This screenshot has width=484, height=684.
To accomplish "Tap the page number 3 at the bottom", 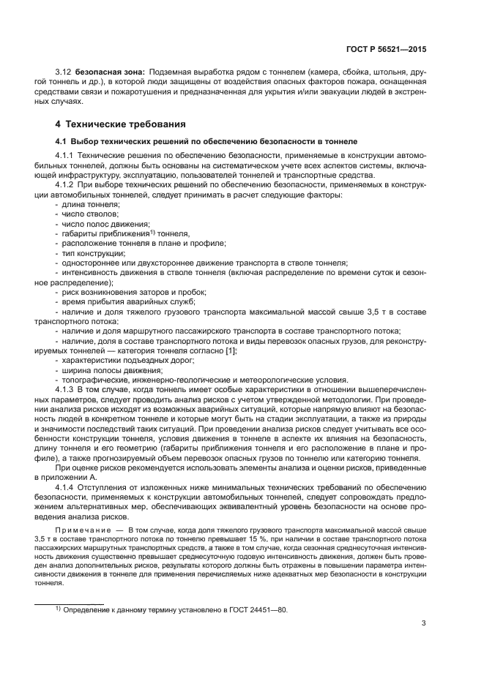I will click(424, 623).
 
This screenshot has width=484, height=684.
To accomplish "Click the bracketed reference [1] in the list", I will click(231, 350).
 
